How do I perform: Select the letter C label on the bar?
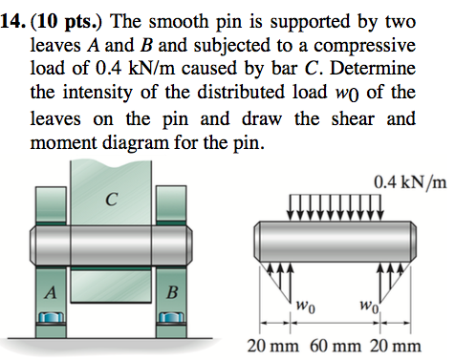click(112, 199)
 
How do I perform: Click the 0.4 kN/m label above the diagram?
click(411, 181)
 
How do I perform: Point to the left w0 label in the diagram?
click(304, 307)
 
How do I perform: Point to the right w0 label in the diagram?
click(366, 307)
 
